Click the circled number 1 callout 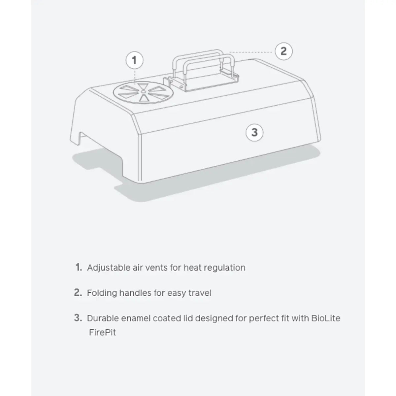pos(134,60)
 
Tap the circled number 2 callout pos(283,51)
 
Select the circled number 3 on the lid pos(254,133)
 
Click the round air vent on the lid pos(143,93)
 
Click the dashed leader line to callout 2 pos(252,52)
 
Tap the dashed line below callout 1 pos(135,76)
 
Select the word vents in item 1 pos(156,268)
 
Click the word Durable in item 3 pos(103,318)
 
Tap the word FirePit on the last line pos(102,332)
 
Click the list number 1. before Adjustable pos(79,267)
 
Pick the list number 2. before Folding pos(78,293)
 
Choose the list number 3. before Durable pos(78,318)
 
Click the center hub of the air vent pos(144,91)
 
